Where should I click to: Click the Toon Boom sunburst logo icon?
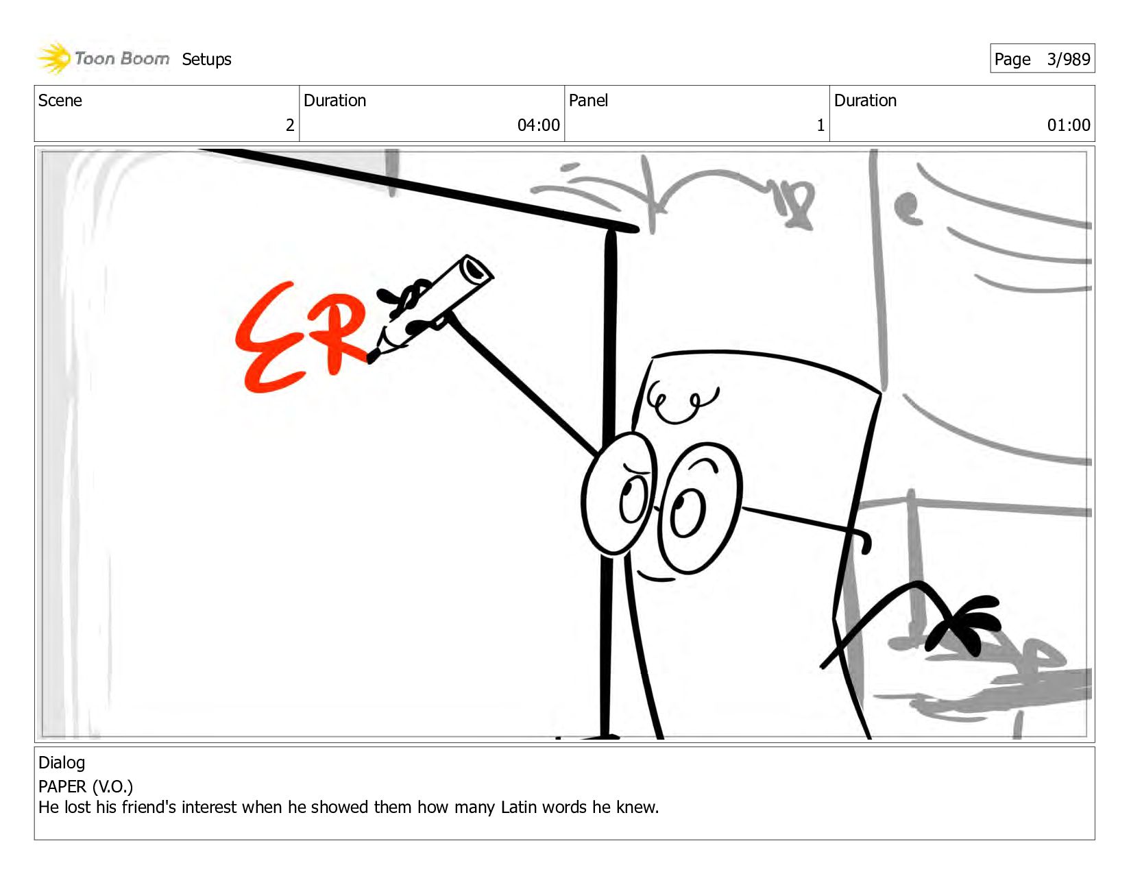(x=54, y=58)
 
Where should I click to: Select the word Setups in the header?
(x=206, y=60)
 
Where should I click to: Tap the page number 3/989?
(x=1069, y=59)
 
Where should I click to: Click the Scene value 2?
(x=290, y=125)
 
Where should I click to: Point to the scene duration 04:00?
(x=538, y=125)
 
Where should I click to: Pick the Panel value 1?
(x=820, y=125)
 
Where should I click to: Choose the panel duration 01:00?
(x=1069, y=125)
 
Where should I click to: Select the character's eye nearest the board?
(x=618, y=493)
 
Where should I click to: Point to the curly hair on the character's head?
(x=682, y=401)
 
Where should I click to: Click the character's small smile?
(x=655, y=576)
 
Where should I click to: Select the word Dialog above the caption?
(x=62, y=762)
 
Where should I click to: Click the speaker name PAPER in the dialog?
(x=62, y=786)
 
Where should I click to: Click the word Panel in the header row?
(x=588, y=100)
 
